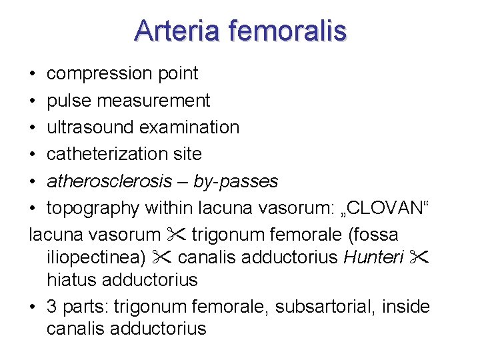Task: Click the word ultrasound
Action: [93, 127]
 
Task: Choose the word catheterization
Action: [108, 154]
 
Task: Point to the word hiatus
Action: [68, 280]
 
